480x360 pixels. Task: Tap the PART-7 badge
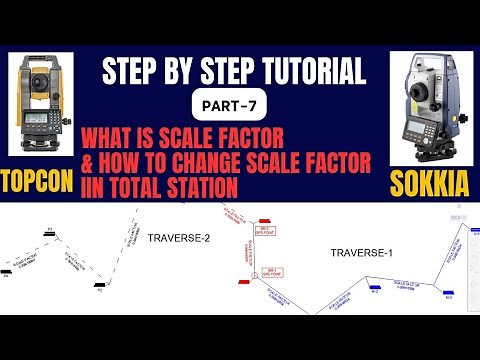point(240,103)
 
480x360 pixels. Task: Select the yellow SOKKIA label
point(432,183)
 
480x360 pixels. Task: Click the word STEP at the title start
point(131,71)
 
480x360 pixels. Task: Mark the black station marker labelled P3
point(49,233)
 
